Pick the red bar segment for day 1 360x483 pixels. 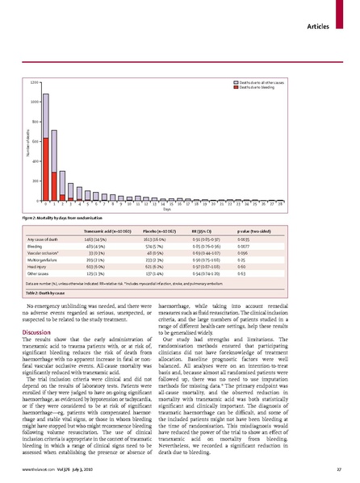click(54, 185)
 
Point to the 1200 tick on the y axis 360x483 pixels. click(34, 82)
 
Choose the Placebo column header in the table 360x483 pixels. click(150, 231)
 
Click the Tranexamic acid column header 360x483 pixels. click(100, 231)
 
